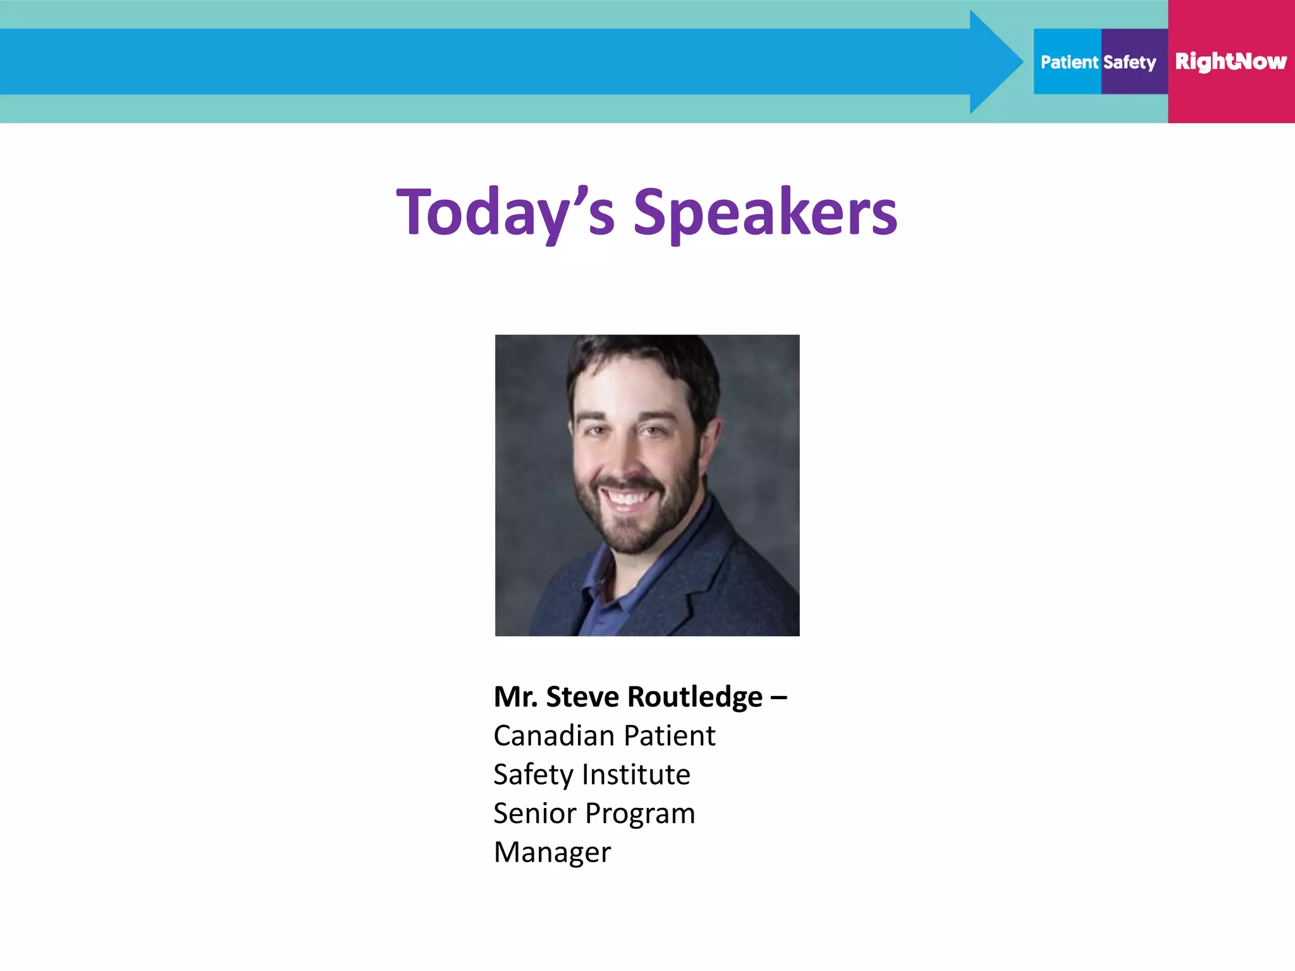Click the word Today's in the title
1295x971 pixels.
click(505, 212)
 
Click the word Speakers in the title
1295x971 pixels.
click(765, 212)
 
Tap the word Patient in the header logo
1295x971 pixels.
click(1069, 62)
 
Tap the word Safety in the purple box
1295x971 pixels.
click(1130, 62)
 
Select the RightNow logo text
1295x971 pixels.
click(1231, 61)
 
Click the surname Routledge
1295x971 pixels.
click(695, 697)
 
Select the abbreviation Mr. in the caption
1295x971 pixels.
click(515, 697)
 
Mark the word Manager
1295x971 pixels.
click(552, 852)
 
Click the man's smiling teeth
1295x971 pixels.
click(626, 498)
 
